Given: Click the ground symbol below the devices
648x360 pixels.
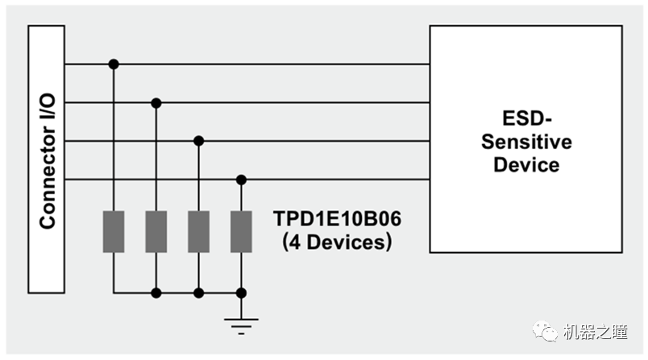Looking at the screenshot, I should click(241, 325).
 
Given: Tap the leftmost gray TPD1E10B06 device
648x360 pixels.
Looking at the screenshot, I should click(114, 232).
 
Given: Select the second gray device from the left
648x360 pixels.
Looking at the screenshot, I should click(156, 232).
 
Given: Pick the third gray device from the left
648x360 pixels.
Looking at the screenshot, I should click(199, 232).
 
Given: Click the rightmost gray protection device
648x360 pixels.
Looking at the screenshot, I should click(241, 232).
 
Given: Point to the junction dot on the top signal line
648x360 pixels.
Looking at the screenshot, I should click(114, 64).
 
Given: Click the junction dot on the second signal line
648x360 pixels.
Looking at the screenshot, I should click(156, 102).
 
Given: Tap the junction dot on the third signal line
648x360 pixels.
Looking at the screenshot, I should click(199, 141).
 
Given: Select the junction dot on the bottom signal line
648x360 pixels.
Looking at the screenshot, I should click(241, 180).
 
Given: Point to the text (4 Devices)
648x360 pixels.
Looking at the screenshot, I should click(337, 241).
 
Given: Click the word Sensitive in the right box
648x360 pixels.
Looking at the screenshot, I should click(526, 143).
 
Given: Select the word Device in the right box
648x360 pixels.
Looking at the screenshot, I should click(526, 165).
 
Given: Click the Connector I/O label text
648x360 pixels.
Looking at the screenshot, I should click(48, 159).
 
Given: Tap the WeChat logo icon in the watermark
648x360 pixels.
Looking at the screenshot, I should click(549, 332).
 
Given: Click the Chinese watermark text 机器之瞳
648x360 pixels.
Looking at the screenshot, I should click(597, 332).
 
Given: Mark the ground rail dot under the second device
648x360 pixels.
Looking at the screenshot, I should click(156, 293).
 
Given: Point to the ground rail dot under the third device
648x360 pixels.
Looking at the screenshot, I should click(199, 293).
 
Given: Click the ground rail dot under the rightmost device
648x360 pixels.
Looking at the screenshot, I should click(241, 293).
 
